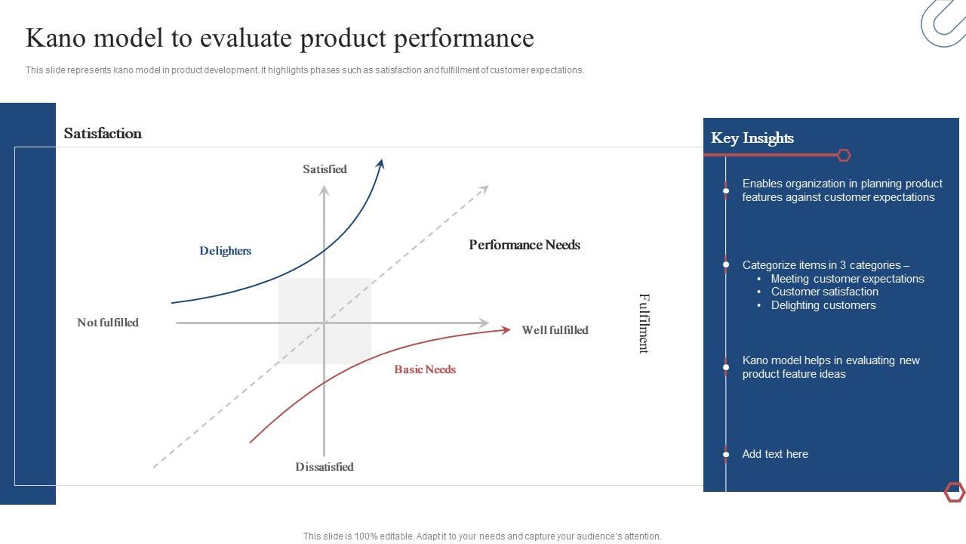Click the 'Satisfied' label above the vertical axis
325,169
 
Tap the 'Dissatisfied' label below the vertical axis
325,467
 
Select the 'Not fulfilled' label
108,323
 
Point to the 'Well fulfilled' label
555,330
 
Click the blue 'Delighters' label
225,251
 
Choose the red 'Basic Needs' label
425,369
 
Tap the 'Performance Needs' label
525,245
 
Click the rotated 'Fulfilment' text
644,323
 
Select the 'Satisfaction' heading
103,134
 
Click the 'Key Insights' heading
752,138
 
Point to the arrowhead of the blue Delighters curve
381,163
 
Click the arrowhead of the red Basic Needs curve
506,329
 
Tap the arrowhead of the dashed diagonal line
485,189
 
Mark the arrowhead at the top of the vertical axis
325,190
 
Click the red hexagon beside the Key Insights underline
844,155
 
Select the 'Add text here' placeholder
775,454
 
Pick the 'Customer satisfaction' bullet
824,292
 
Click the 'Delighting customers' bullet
823,305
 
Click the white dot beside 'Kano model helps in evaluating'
726,367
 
